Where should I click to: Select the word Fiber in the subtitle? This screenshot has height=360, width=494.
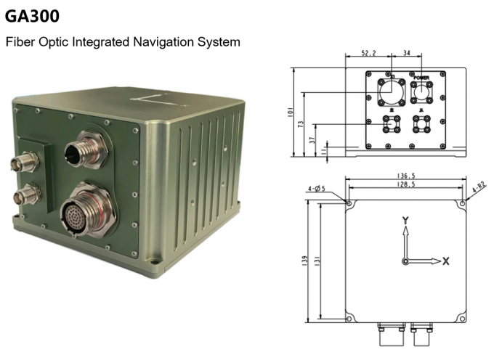point(19,42)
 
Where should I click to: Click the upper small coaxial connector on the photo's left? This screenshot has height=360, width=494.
point(28,160)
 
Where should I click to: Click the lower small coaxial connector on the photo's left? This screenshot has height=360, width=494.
point(28,194)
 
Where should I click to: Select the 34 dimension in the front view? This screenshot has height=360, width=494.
point(407,53)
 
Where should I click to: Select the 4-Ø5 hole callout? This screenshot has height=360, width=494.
point(317,189)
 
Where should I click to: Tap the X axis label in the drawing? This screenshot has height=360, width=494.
point(446,261)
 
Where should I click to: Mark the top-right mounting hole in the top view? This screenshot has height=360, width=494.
point(462,204)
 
